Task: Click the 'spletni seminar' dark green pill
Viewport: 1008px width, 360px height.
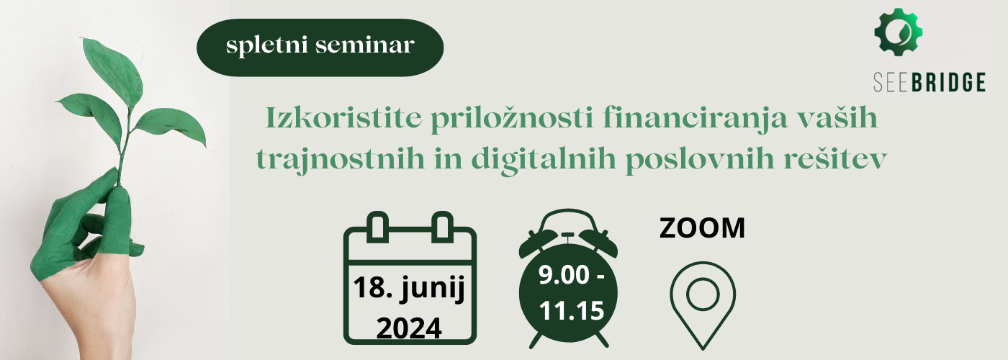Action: tap(320, 48)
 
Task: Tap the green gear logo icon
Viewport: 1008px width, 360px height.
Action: tap(899, 32)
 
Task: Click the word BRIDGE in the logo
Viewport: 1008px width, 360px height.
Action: tap(948, 82)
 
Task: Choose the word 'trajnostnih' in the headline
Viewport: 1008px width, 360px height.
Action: tap(340, 160)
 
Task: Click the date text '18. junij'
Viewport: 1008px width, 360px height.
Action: tap(409, 289)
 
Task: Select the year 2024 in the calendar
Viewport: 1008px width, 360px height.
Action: tap(409, 328)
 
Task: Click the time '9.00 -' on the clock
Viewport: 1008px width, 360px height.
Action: tap(571, 275)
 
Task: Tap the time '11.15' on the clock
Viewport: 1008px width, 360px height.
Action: tap(571, 310)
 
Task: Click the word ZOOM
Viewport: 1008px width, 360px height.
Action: tap(702, 228)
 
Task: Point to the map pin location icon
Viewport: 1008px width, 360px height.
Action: tap(703, 306)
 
